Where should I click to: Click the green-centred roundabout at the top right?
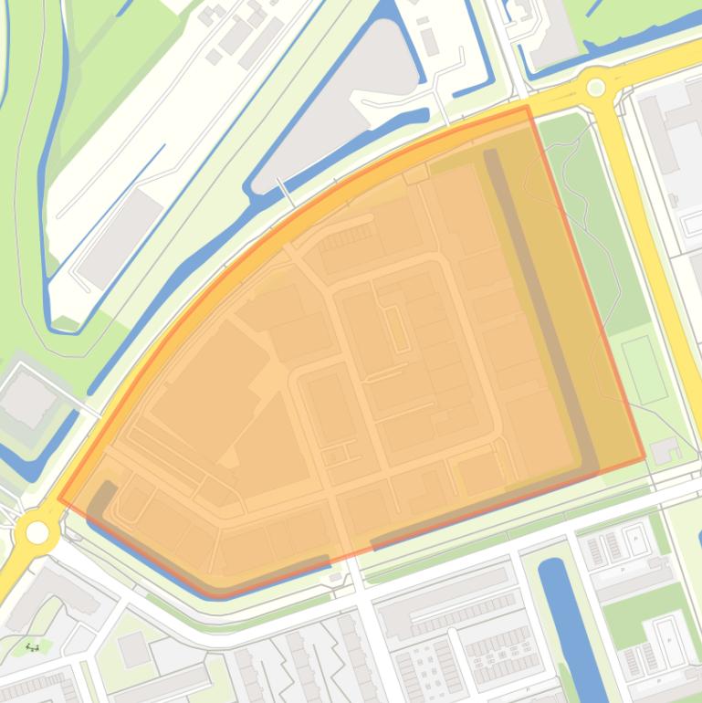tap(596, 88)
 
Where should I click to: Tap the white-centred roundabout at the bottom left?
tap(37, 531)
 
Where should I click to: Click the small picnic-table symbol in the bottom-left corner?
tap(33, 647)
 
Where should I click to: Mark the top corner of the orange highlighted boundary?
tap(526, 107)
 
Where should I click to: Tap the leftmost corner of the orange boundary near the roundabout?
tap(59, 499)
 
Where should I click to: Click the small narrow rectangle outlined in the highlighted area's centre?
tap(398, 330)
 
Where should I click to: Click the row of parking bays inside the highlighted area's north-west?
tap(340, 237)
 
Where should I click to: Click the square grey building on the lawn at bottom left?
tap(134, 649)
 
